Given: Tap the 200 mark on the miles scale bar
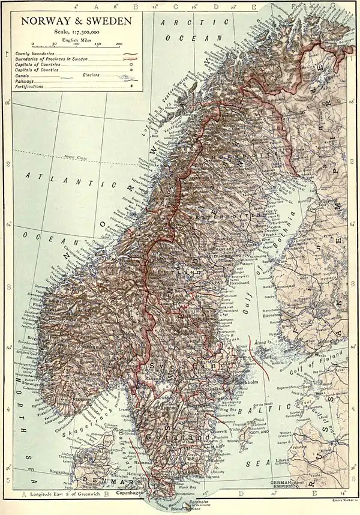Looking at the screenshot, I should tap(119, 44).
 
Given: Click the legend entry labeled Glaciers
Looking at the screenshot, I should tap(92, 76).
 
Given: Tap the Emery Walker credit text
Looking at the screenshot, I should tap(343, 498).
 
